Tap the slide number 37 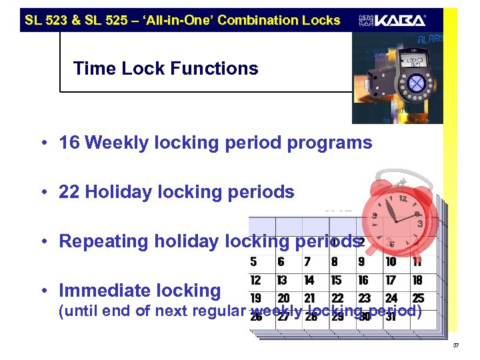[x=456, y=345]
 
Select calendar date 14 [x=309, y=281]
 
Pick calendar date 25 [x=418, y=298]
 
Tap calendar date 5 [x=253, y=263]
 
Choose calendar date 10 [x=391, y=263]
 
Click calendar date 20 [x=283, y=298]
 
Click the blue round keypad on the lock [x=415, y=83]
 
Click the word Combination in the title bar [x=252, y=20]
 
